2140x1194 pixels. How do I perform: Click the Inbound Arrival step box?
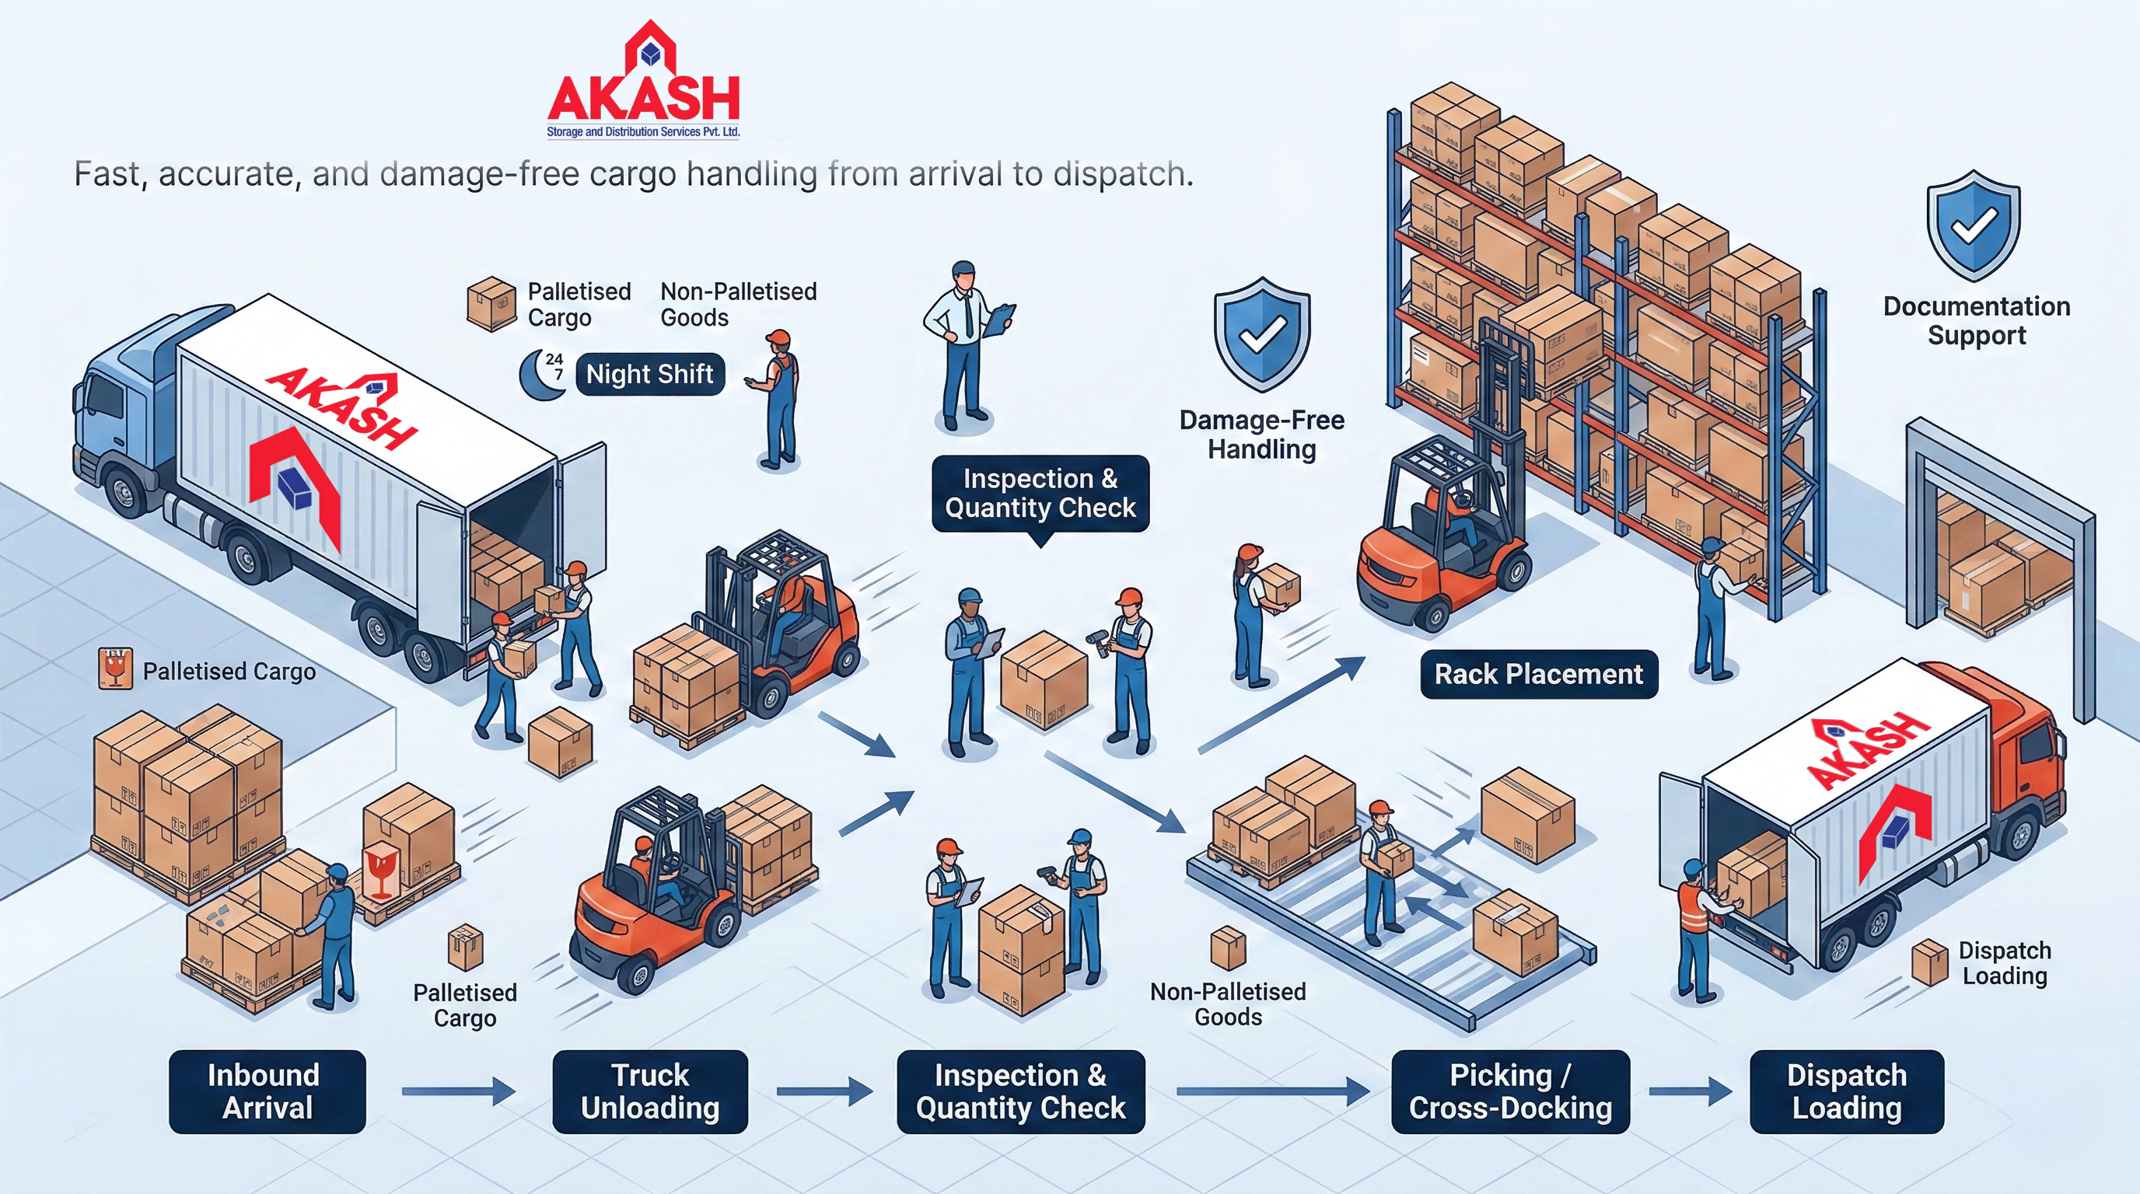[x=267, y=1091]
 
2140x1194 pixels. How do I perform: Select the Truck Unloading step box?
[x=649, y=1091]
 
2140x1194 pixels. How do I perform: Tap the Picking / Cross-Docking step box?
[x=1509, y=1091]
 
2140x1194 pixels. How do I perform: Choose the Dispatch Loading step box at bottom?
[x=1846, y=1091]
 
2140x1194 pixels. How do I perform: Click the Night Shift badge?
[x=649, y=375]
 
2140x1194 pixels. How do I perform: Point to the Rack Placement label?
[x=1539, y=674]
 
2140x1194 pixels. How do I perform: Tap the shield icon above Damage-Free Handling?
[x=1262, y=333]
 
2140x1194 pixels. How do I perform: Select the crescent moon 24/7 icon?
[x=543, y=375]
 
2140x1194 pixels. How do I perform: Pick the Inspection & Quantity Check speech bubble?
[x=1040, y=493]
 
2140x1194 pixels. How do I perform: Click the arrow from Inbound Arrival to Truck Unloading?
[x=459, y=1091]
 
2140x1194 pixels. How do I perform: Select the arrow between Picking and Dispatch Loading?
[x=1690, y=1091]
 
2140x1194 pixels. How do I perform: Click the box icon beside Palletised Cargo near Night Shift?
[x=491, y=304]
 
